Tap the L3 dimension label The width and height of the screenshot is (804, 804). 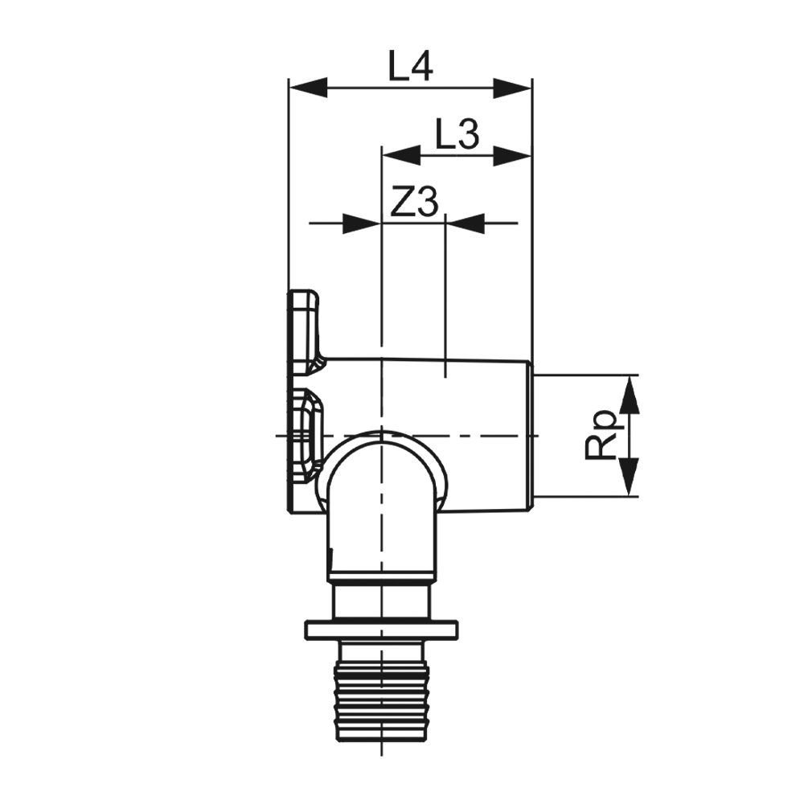[457, 133]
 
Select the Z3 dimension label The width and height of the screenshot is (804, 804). [414, 202]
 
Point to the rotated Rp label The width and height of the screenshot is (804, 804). [601, 434]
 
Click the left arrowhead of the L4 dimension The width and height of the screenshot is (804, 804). [308, 88]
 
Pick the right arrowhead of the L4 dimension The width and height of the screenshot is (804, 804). [512, 88]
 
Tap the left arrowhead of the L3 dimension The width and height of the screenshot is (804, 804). [401, 155]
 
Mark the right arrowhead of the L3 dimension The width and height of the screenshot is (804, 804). [512, 155]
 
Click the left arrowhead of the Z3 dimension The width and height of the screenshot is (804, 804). [362, 223]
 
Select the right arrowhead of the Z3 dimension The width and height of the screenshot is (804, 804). [466, 223]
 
